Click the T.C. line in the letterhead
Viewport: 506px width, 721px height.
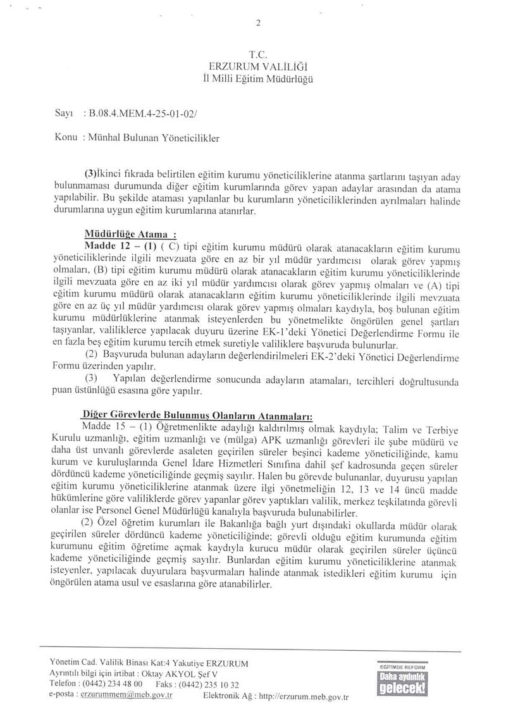click(x=257, y=54)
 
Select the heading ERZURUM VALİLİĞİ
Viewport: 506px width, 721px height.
click(x=257, y=66)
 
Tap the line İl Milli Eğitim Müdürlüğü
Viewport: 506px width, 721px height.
click(x=257, y=78)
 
